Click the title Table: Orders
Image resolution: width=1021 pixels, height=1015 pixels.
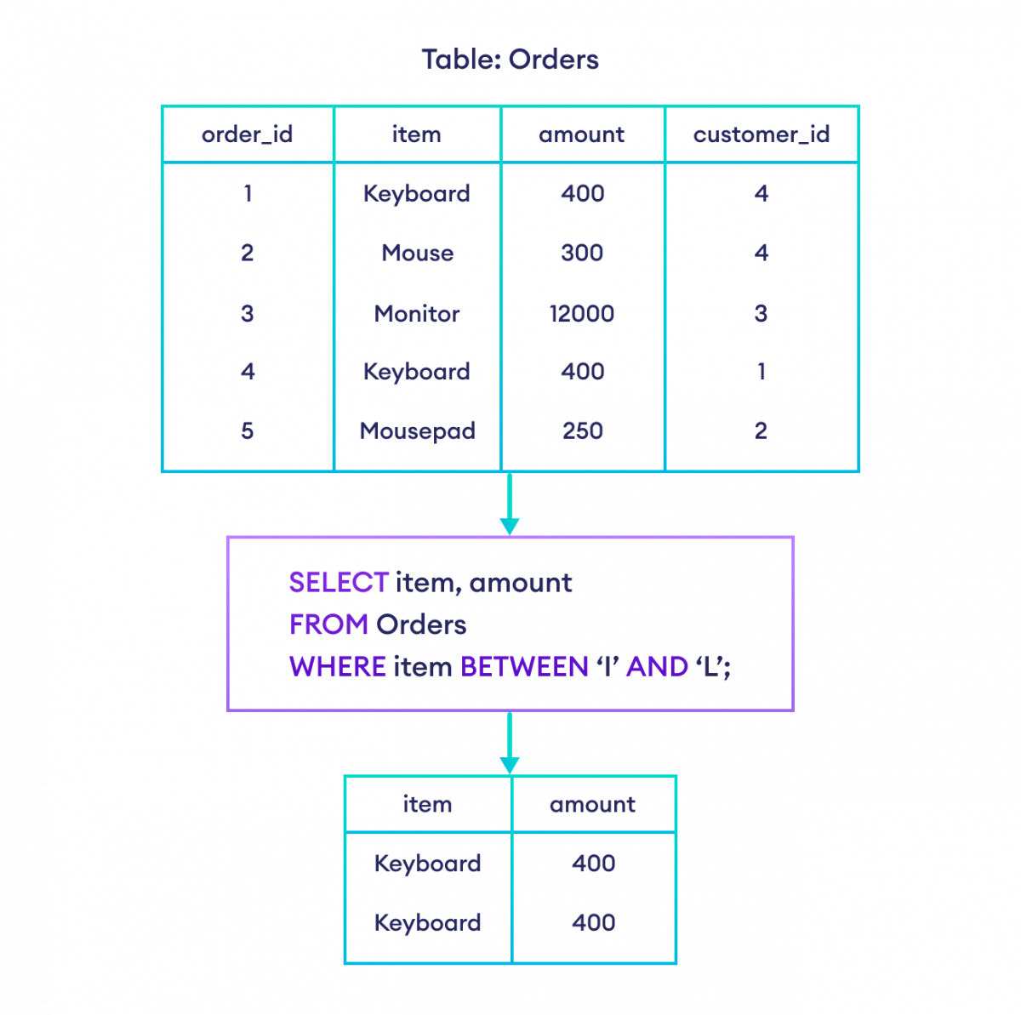click(x=510, y=60)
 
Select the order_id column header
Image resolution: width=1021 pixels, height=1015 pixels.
click(x=248, y=134)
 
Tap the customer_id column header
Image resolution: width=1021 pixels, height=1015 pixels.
click(x=761, y=134)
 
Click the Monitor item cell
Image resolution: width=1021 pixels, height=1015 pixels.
click(x=417, y=313)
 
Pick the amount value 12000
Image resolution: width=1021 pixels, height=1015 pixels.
click(x=583, y=313)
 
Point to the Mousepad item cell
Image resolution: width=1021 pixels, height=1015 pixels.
click(x=417, y=431)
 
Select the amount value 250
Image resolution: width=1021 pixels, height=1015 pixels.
click(x=583, y=431)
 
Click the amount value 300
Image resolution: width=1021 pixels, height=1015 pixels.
click(x=583, y=253)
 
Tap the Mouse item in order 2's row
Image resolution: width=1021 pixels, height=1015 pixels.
click(x=417, y=253)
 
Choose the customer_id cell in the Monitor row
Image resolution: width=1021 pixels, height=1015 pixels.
click(x=761, y=313)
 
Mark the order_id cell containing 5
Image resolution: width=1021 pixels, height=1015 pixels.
click(x=248, y=431)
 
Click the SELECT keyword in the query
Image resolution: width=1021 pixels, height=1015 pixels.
click(x=339, y=583)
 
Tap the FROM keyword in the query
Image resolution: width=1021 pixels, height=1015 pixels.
click(x=328, y=624)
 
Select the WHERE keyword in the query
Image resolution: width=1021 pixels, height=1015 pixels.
click(x=337, y=666)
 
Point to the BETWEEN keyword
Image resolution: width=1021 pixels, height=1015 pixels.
click(x=524, y=666)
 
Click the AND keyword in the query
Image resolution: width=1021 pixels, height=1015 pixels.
click(x=656, y=666)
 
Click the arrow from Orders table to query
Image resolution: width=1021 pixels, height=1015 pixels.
click(x=509, y=505)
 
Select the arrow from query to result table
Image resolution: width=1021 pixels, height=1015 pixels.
click(x=509, y=744)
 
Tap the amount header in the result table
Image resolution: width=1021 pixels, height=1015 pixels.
click(x=593, y=804)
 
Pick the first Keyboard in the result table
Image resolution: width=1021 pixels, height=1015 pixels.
click(x=428, y=864)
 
